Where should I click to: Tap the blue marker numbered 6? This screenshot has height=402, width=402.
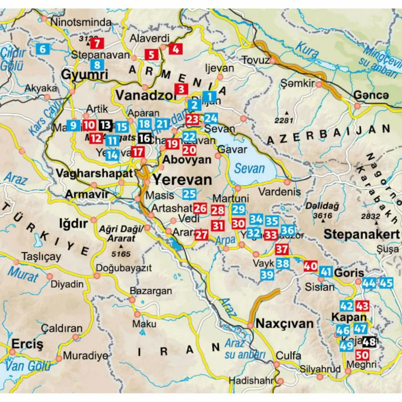(x=43, y=49)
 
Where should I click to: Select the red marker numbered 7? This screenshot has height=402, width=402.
(x=98, y=43)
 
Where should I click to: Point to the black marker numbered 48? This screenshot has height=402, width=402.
(x=369, y=341)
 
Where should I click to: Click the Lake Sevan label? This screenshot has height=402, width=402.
(x=250, y=168)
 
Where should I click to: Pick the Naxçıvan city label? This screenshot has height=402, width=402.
(x=284, y=324)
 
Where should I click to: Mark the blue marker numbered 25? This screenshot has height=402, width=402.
(x=190, y=194)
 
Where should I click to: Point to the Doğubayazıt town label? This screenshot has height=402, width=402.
(x=123, y=268)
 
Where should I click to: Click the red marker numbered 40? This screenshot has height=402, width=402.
(x=310, y=266)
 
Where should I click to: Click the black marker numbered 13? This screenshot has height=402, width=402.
(x=105, y=125)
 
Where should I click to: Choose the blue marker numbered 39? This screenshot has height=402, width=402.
(x=267, y=275)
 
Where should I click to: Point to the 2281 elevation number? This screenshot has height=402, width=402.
(x=285, y=120)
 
